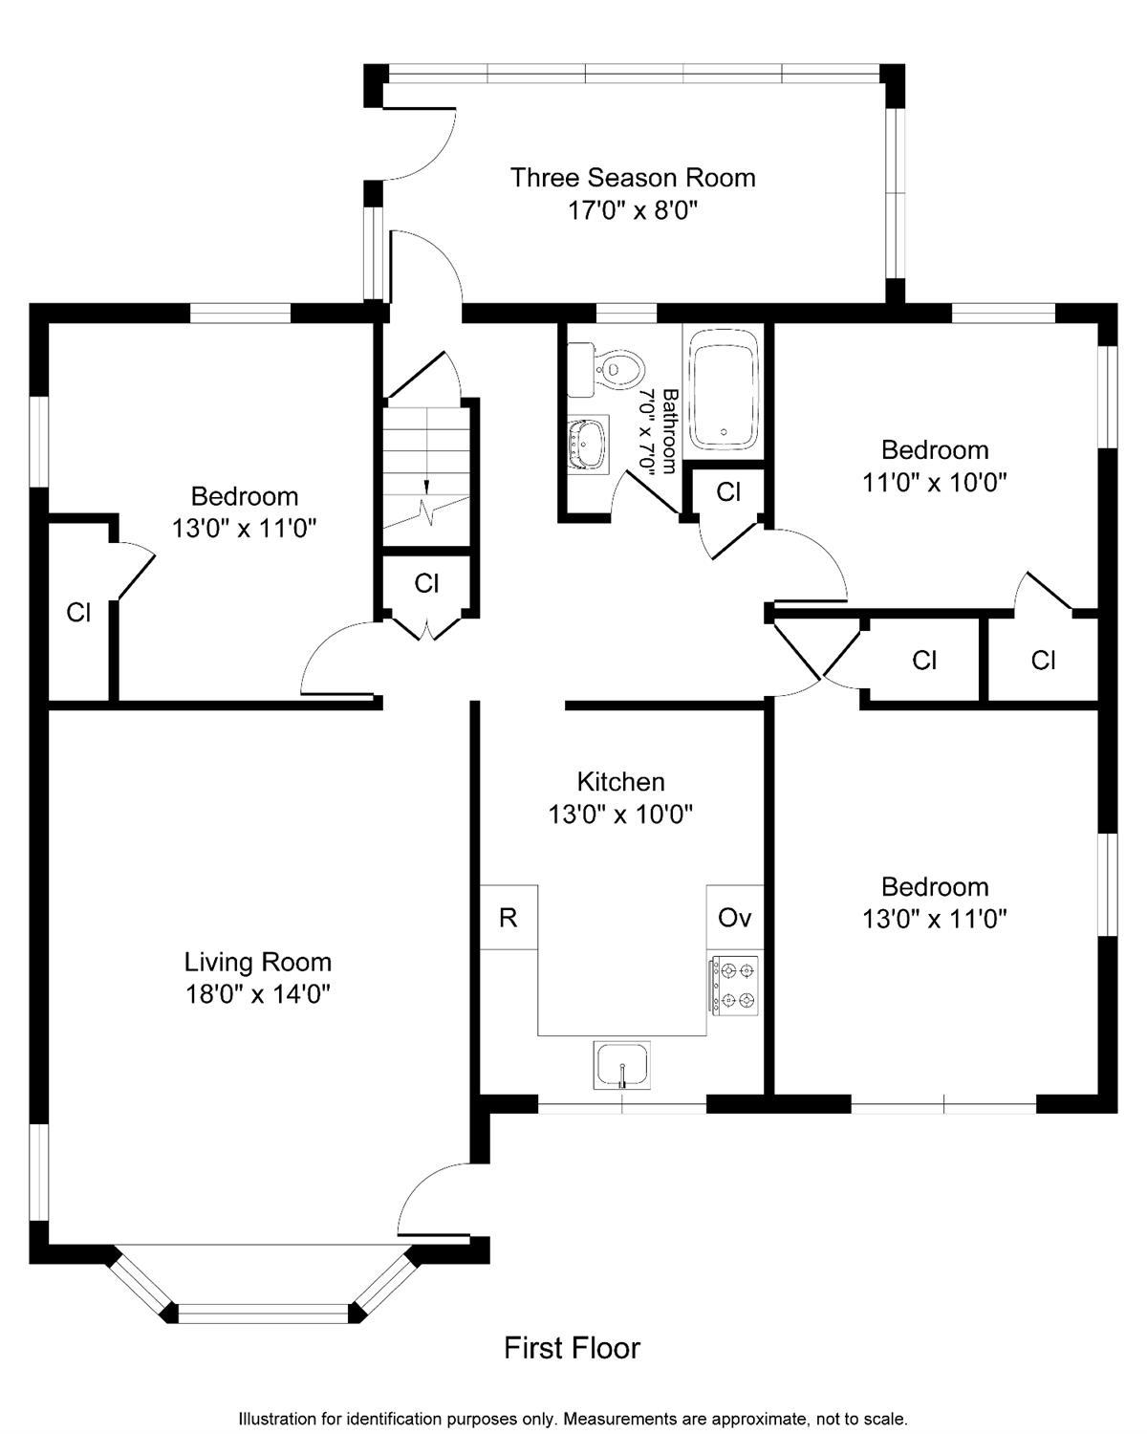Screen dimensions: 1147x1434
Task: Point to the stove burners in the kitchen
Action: [735, 987]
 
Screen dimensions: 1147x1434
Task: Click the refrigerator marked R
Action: [509, 918]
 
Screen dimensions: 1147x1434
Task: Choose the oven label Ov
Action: [734, 919]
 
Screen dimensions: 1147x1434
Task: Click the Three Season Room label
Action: [633, 178]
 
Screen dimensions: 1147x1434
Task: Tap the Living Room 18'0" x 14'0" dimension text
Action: [258, 995]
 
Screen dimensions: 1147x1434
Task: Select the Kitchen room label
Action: [620, 782]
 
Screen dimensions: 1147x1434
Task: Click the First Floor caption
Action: [572, 1348]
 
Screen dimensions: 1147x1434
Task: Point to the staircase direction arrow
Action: [426, 489]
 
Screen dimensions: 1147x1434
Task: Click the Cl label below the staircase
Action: [426, 584]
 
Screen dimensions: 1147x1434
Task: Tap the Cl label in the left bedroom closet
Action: [78, 613]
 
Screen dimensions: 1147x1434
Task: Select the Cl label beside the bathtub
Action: [728, 491]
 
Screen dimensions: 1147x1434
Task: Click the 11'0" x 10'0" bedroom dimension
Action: [935, 482]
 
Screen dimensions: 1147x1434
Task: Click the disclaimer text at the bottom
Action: [573, 1418]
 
